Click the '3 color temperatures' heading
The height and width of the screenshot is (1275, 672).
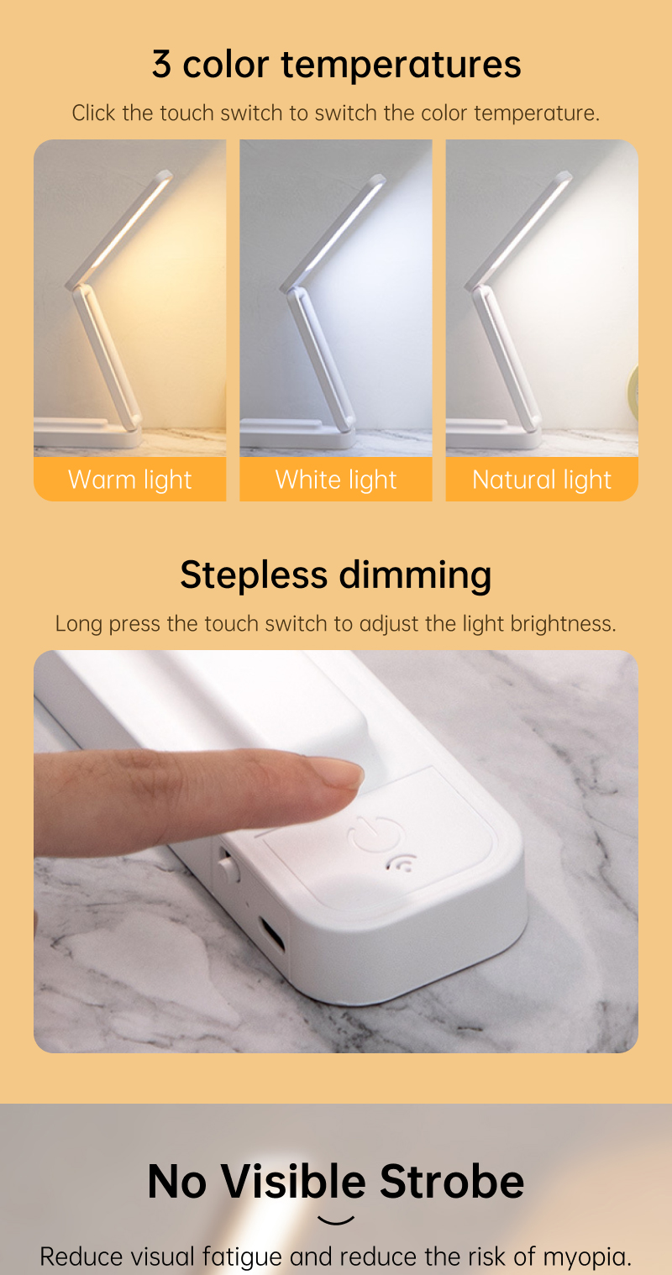336,65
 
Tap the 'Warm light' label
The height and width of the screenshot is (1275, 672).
130,480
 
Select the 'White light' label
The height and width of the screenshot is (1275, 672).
336,480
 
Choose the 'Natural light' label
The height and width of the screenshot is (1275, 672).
542,480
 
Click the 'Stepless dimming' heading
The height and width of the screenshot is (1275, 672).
336,575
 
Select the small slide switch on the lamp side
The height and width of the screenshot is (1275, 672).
226,865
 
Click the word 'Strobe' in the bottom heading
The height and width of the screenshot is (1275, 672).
452,1182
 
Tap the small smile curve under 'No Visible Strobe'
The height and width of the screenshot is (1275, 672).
336,1220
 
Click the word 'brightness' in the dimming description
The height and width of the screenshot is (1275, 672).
564,624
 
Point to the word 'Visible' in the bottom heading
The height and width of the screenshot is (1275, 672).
293,1182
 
